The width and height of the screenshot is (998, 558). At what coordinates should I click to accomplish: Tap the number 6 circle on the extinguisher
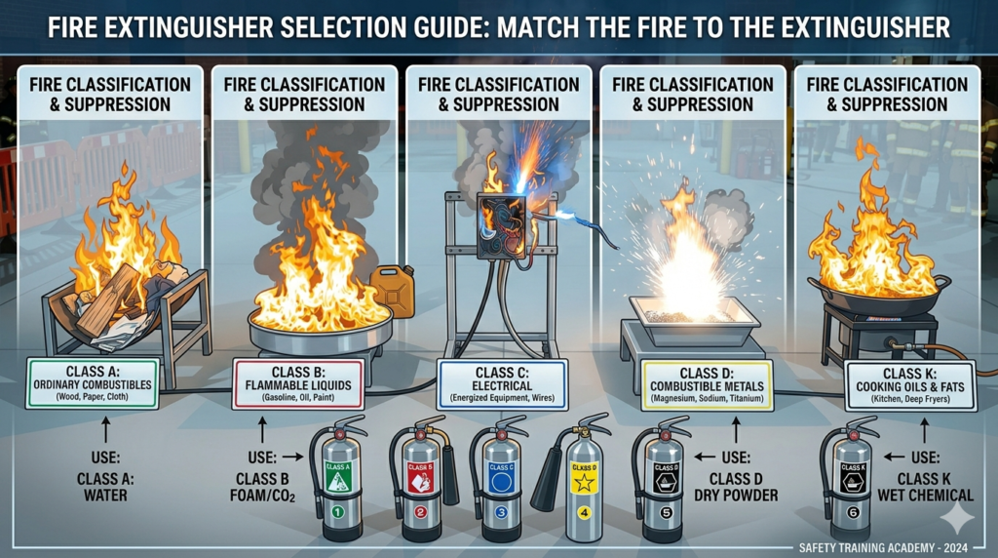point(850,510)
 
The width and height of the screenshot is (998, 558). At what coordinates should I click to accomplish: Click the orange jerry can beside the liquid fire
point(391,290)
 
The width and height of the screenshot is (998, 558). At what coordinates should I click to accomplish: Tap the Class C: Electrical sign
point(502,382)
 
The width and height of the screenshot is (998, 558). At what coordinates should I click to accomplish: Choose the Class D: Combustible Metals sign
point(694,383)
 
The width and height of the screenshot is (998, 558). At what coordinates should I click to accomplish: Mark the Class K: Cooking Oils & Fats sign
point(910,382)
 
